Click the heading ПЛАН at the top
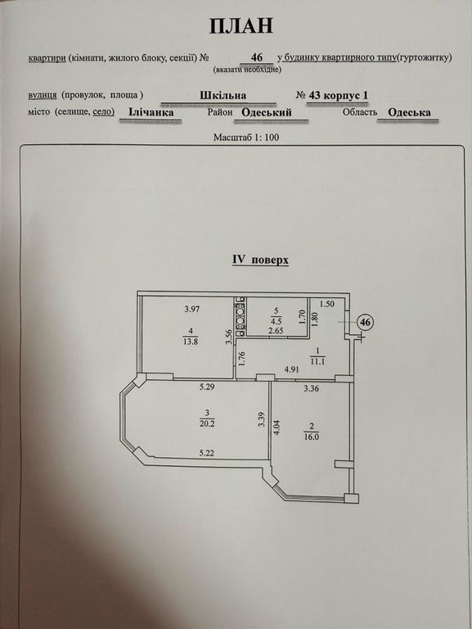click(x=241, y=25)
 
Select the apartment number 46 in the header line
click(x=256, y=57)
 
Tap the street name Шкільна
click(x=223, y=96)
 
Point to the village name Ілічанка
click(x=151, y=111)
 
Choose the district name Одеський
click(x=267, y=112)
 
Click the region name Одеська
click(x=409, y=112)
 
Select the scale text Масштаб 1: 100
click(x=246, y=138)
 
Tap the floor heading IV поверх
click(x=260, y=260)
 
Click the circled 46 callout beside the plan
click(x=365, y=322)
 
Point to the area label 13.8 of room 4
click(x=191, y=342)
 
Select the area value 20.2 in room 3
click(x=207, y=423)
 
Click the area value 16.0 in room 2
click(x=311, y=437)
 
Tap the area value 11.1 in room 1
click(x=318, y=361)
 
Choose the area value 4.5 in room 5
click(x=276, y=321)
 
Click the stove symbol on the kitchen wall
click(x=240, y=314)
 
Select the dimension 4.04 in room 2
click(x=276, y=428)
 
